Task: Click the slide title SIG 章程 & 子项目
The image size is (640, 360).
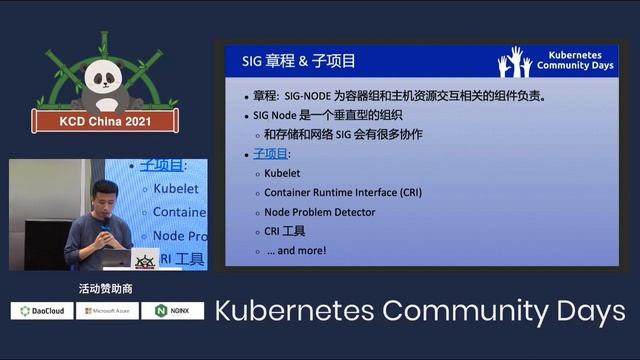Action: [x=299, y=60]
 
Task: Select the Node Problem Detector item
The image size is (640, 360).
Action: [x=320, y=212]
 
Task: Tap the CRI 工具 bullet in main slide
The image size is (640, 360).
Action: [x=285, y=231]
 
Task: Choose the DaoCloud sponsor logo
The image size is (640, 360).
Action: [x=42, y=311]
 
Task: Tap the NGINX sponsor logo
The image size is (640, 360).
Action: [x=172, y=311]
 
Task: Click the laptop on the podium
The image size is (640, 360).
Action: [x=115, y=258]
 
